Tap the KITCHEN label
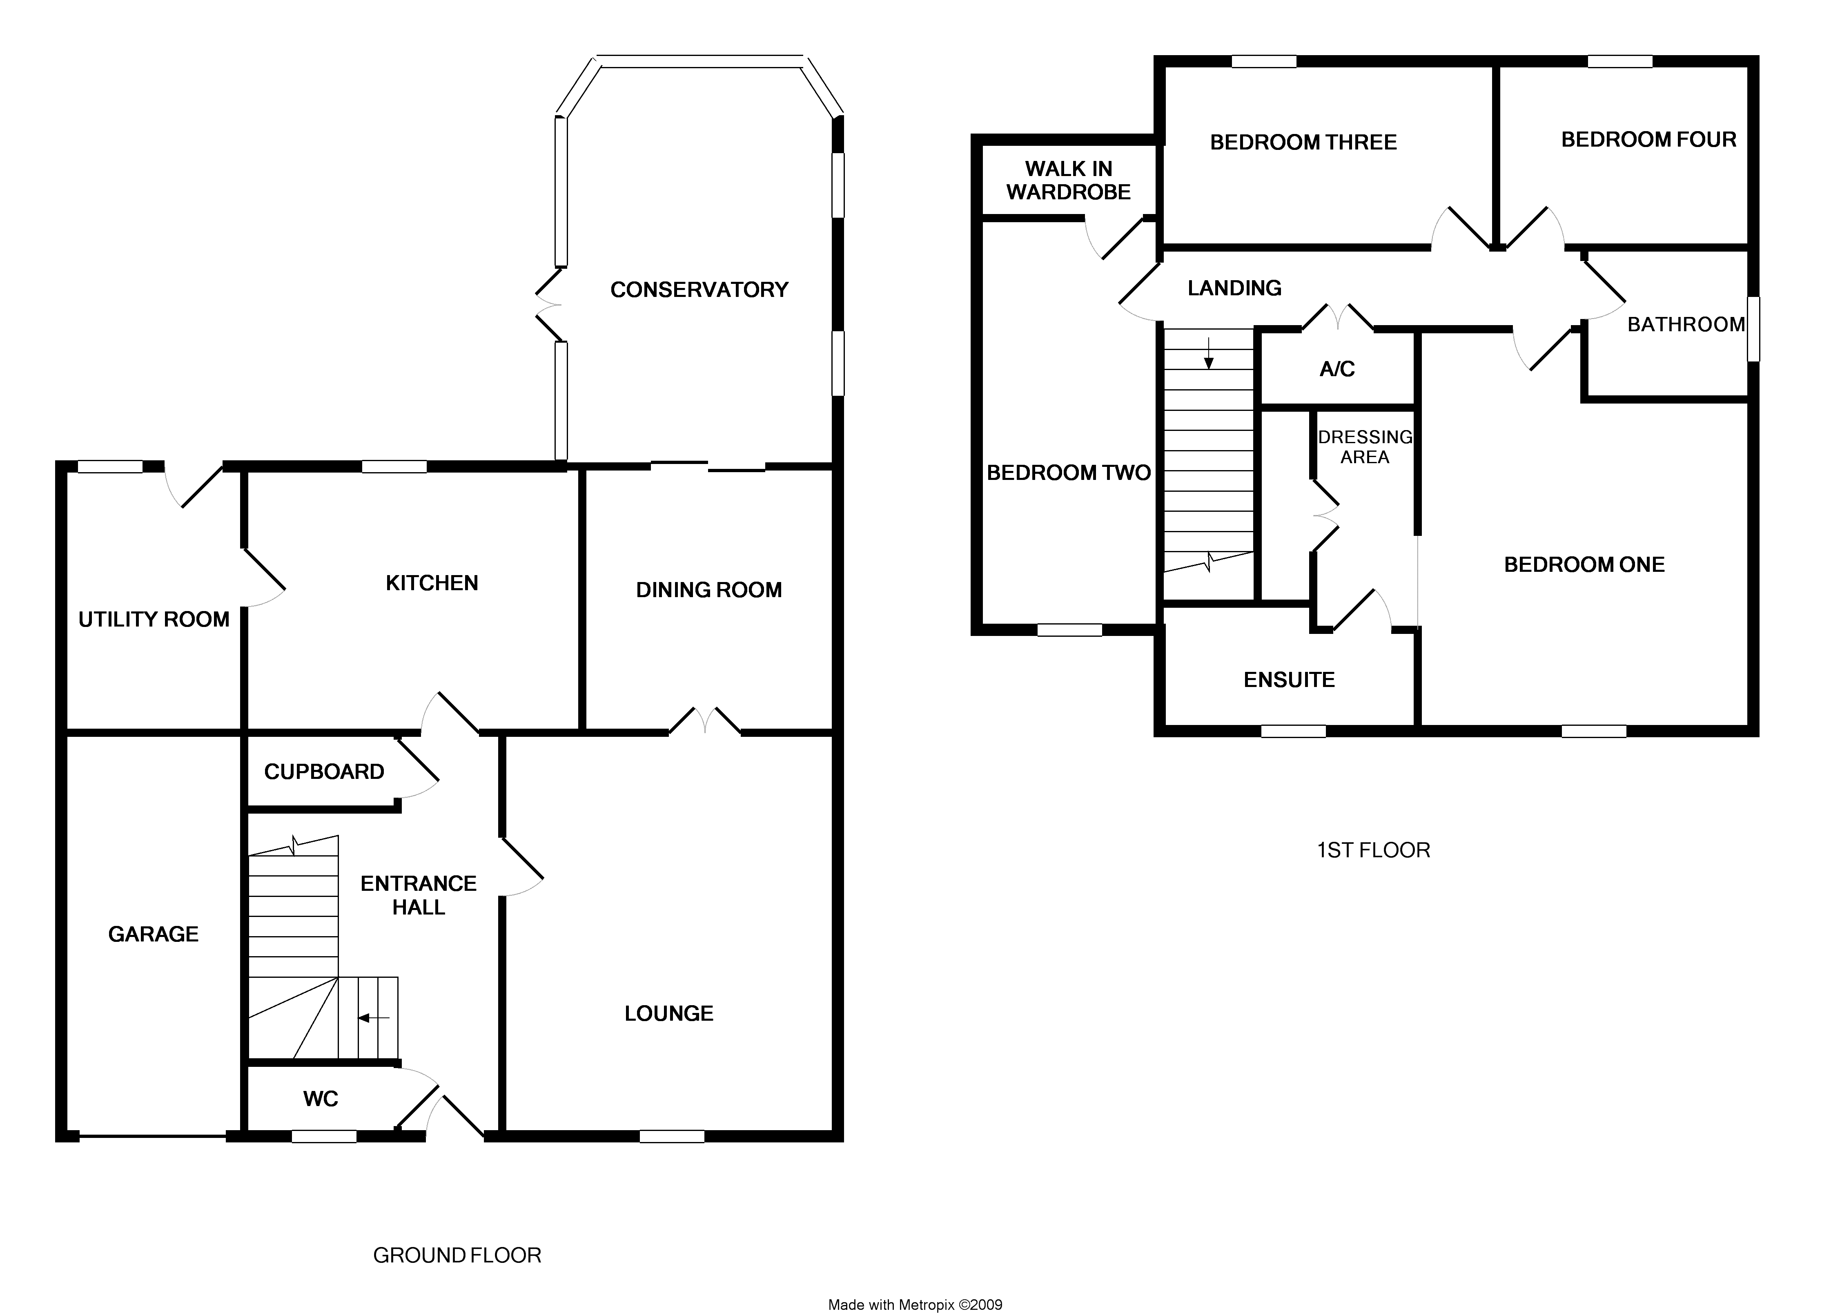click(432, 583)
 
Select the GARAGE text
click(154, 934)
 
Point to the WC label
click(321, 1099)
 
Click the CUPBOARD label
click(324, 772)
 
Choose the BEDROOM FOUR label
click(1648, 140)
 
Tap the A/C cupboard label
click(1337, 369)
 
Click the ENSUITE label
click(1289, 680)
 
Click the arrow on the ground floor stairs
click(373, 1018)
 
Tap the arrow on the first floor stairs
click(1209, 354)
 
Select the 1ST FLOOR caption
click(1373, 850)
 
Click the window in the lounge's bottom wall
click(672, 1136)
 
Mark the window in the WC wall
click(324, 1136)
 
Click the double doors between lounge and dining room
click(705, 721)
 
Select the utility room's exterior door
click(194, 484)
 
